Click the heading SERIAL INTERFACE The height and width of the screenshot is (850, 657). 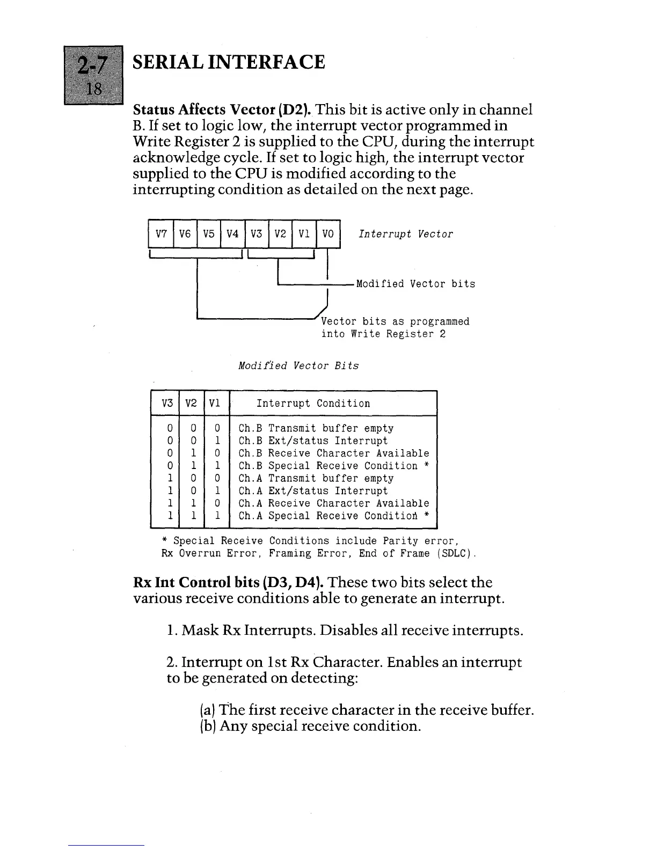(x=229, y=62)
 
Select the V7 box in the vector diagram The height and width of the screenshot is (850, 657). (x=161, y=234)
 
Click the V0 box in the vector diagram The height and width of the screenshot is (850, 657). (x=328, y=234)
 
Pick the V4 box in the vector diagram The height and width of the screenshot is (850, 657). (x=232, y=234)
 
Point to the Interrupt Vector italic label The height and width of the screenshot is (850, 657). (x=405, y=234)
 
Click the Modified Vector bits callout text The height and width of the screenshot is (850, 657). (x=415, y=284)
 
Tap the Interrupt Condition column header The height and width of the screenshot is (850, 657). (x=313, y=404)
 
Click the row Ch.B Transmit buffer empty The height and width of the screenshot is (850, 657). (x=316, y=428)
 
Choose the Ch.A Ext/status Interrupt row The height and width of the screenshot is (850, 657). (x=312, y=491)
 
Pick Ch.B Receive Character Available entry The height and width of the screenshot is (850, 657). (x=333, y=453)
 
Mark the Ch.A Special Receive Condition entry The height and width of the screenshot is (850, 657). (x=333, y=516)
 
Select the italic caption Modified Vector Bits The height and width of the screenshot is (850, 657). (x=298, y=366)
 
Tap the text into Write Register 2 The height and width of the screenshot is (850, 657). (x=383, y=334)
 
